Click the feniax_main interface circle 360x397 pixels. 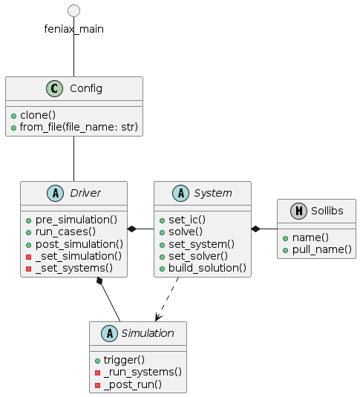pos(73,10)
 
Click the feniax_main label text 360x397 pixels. pos(73,29)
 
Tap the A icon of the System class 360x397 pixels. pos(177,194)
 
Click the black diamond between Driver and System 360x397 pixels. pos(132,229)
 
